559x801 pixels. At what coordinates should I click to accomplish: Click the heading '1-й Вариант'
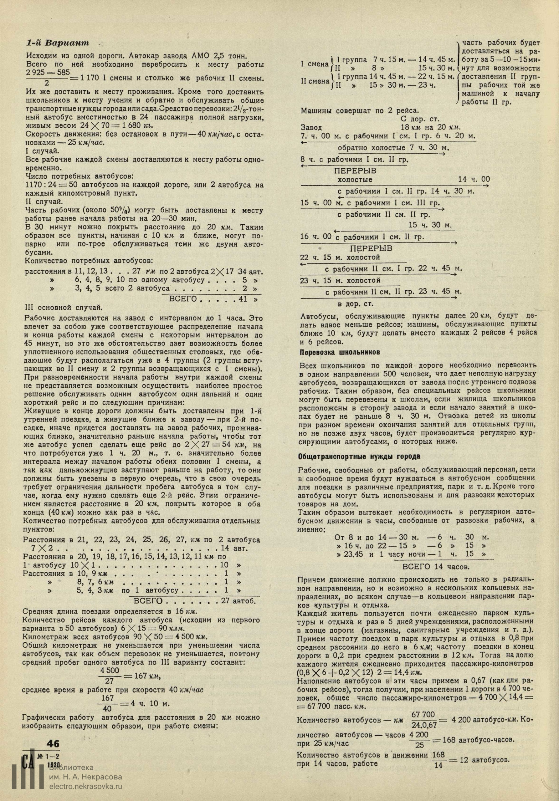[58, 43]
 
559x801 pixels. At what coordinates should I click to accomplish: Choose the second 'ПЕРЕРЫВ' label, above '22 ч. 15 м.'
[371, 248]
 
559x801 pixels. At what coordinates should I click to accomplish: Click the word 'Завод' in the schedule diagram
[311, 128]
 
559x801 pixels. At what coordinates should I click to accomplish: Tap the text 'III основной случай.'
[64, 307]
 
